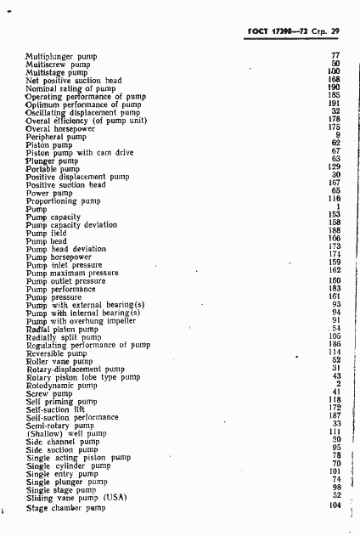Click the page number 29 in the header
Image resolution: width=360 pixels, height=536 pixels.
335,31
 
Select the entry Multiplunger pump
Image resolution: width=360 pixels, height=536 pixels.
61,57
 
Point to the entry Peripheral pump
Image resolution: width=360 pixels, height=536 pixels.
56,136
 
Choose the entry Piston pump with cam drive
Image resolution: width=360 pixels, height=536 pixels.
79,152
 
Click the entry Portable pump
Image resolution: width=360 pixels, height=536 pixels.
55,168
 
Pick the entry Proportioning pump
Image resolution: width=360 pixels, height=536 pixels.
64,200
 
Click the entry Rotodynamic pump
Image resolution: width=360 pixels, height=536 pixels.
62,385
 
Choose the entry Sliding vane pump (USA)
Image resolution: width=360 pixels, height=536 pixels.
76,496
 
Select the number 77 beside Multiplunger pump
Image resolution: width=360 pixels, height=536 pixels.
335,55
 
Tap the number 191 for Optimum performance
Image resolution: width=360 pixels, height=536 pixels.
334,103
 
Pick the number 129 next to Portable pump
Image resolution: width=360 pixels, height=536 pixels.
334,166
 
